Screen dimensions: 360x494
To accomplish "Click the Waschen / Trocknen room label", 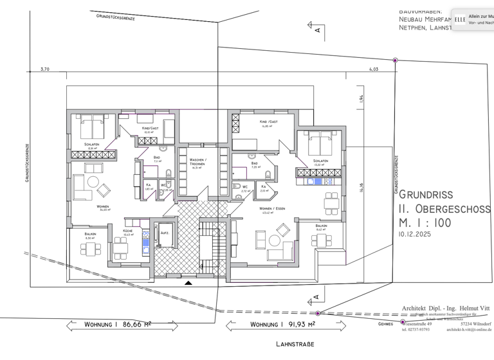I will pos(197,162).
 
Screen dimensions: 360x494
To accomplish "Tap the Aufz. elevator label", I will pos(165,235).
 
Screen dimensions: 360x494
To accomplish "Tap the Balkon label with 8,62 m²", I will pos(321,226).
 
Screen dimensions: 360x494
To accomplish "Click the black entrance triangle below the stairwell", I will pos(188,282).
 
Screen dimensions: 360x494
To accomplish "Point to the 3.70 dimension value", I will pos(44,68).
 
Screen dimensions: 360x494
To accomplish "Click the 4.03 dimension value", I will pos(374,68).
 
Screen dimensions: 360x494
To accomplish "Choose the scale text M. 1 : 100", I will pos(425,223).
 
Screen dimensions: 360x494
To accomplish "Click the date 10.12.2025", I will pos(415,235).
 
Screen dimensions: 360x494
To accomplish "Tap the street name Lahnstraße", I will pos(295,345).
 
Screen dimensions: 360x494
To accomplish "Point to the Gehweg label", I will pos(386,324).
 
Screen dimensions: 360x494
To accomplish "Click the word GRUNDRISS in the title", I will pos(426,194).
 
